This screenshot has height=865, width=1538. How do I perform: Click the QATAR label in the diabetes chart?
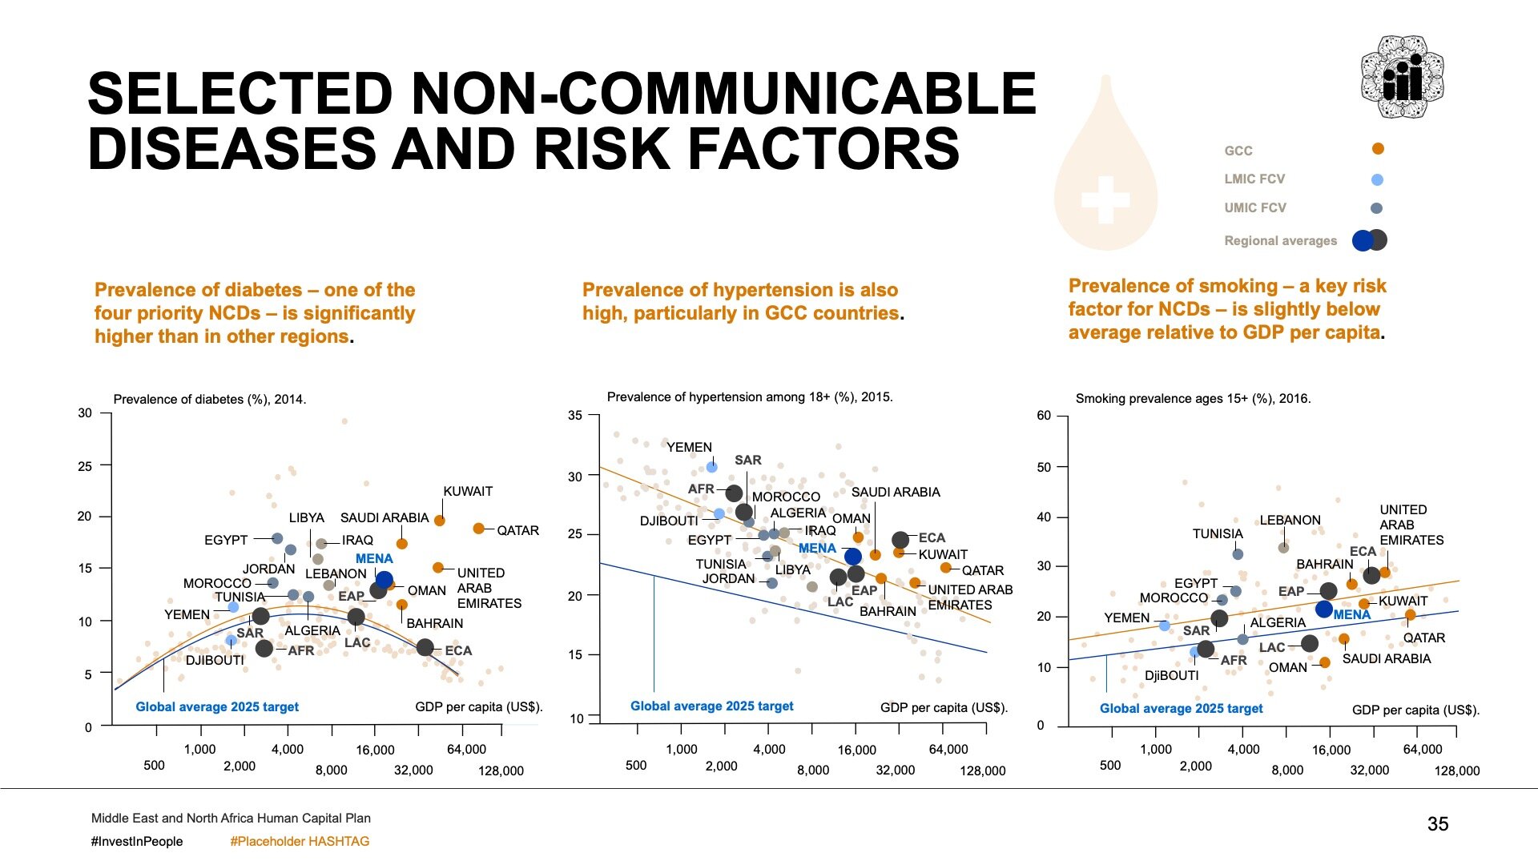(517, 530)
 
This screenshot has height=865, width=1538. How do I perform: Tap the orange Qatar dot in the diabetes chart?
(479, 529)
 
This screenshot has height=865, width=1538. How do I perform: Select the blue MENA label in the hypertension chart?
(817, 549)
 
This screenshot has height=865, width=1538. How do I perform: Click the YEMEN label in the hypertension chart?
(689, 448)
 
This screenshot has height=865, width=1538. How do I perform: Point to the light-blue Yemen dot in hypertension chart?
(711, 466)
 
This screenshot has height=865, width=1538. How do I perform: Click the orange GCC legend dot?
(1378, 149)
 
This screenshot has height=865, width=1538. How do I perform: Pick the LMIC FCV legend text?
(1254, 179)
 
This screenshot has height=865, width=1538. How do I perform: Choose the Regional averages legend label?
(1280, 241)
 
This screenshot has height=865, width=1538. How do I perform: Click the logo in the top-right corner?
(1402, 77)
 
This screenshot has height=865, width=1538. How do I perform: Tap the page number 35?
(1438, 824)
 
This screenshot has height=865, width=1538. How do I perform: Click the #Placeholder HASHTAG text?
(300, 842)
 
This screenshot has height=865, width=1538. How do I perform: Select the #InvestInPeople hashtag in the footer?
(137, 842)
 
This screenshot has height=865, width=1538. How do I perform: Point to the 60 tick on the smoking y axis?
(1044, 416)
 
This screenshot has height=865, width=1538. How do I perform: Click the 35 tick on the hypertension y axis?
(575, 416)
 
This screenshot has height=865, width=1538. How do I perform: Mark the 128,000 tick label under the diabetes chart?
(501, 771)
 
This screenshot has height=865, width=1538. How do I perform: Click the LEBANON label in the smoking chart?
(1290, 521)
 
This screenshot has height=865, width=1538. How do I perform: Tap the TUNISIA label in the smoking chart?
(1218, 534)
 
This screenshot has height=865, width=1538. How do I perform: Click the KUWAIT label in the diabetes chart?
(468, 492)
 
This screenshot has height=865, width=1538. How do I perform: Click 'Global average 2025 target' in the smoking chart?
(1181, 709)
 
